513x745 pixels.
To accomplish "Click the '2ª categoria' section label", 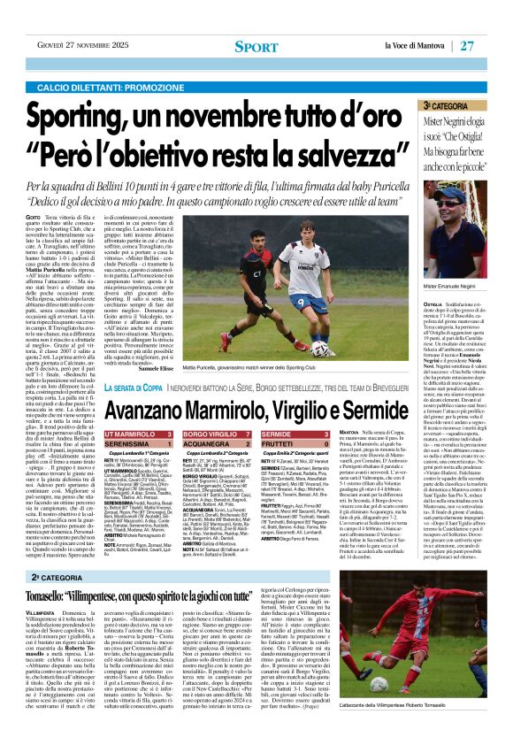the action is (55, 576).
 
